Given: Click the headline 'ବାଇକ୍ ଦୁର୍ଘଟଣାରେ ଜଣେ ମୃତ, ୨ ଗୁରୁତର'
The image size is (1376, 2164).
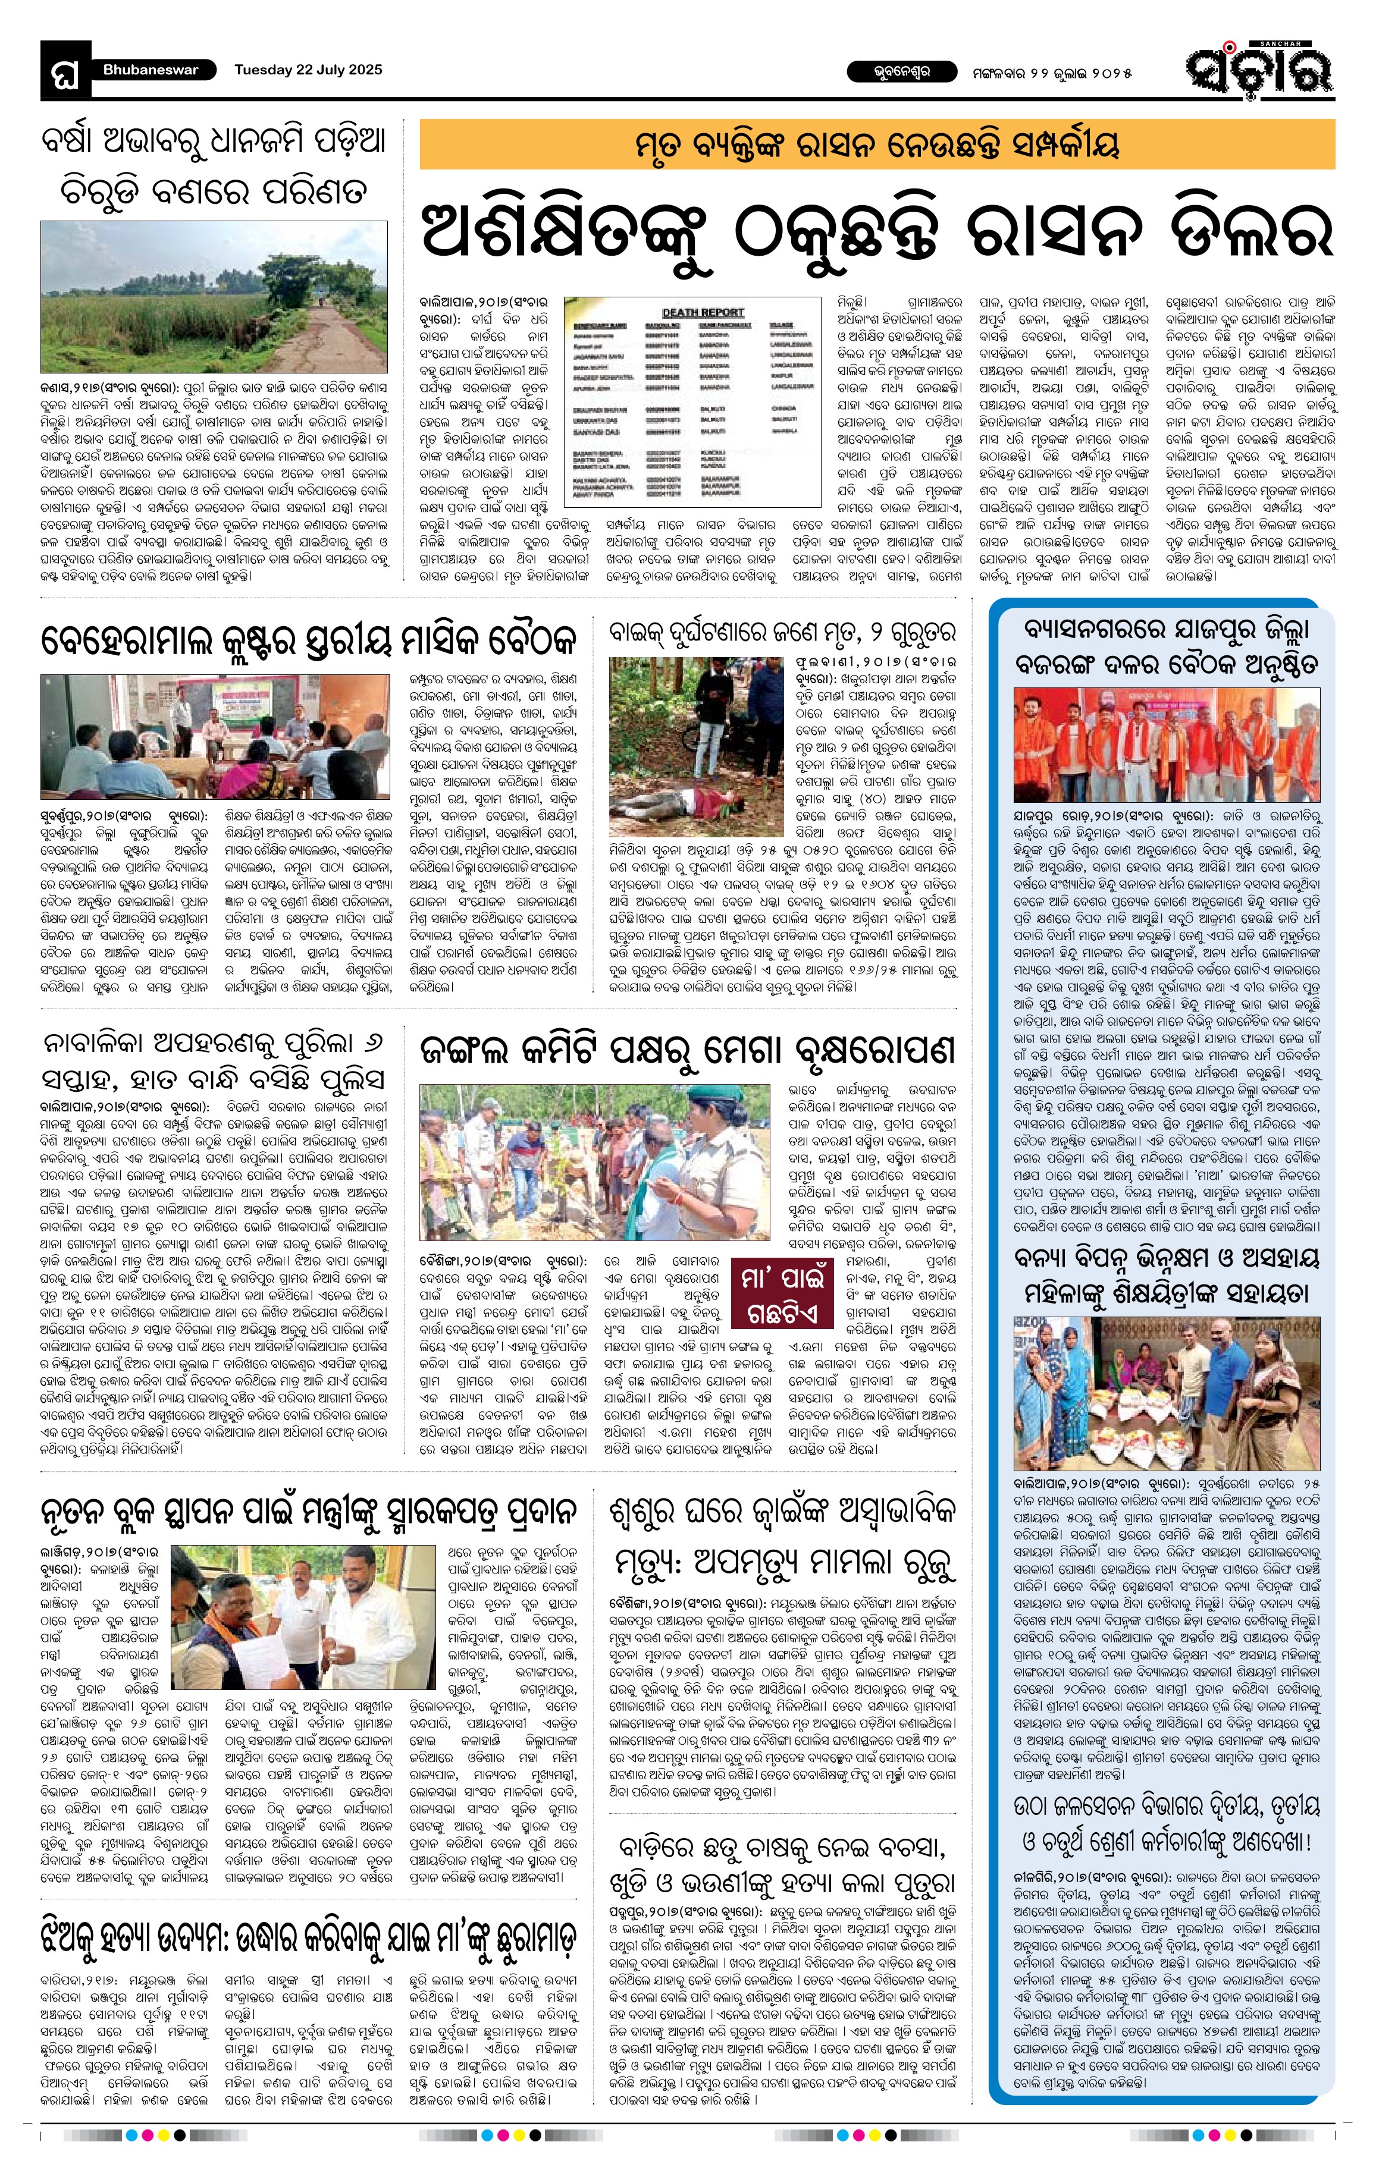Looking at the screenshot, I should [x=781, y=633].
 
